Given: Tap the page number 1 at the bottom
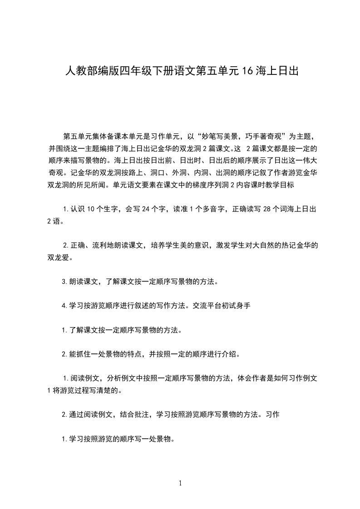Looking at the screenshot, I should (180, 483).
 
